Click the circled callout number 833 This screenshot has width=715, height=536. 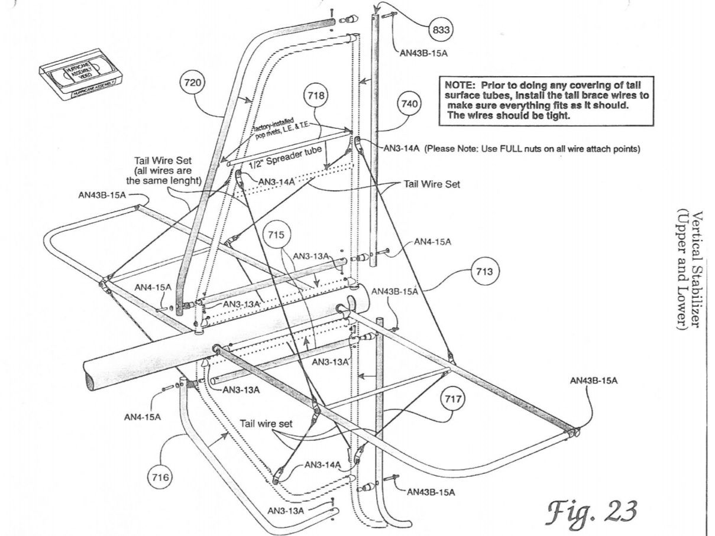(440, 28)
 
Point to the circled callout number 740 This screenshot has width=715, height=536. (409, 105)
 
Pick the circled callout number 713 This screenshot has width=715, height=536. (485, 272)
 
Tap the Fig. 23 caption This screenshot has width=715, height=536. (591, 509)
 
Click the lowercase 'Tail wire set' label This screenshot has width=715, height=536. (267, 424)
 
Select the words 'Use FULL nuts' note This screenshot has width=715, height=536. (532, 148)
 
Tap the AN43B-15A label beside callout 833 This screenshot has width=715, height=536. (423, 53)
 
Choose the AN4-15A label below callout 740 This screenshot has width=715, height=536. (433, 242)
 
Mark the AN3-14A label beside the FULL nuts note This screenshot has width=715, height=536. (402, 148)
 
